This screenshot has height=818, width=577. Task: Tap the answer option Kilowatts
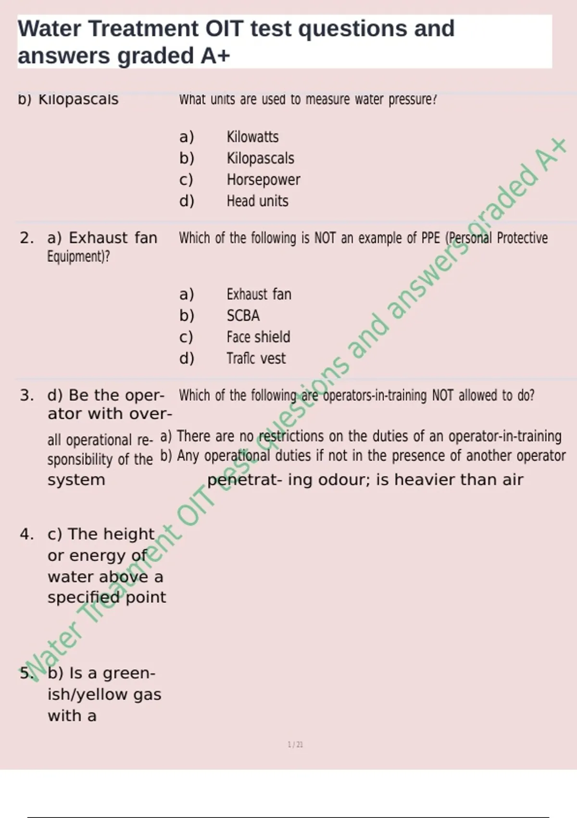252,137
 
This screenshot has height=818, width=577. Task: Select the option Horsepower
263,180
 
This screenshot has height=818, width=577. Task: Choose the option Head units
257,201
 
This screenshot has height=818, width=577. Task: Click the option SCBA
243,316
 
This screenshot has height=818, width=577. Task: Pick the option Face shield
258,337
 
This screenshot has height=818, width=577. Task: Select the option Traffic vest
256,358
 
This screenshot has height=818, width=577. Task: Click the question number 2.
26,238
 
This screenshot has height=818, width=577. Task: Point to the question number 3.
26,396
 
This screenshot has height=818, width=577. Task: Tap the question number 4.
26,534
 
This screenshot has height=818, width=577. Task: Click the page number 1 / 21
295,745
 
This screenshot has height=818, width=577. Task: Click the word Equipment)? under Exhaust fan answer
78,257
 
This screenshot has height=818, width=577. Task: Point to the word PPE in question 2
430,238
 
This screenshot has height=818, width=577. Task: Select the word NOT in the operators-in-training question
442,396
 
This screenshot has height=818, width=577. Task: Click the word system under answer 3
76,480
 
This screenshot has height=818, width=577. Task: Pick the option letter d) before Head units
187,201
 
